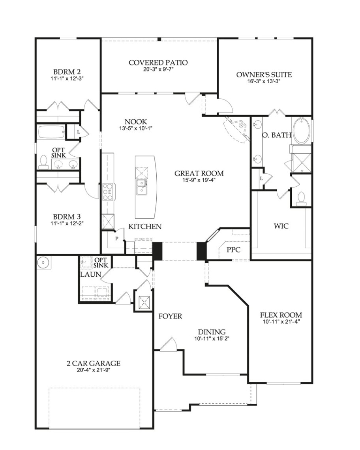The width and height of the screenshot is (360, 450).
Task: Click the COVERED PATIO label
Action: point(158,62)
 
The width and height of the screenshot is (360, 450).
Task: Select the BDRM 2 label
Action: point(67,72)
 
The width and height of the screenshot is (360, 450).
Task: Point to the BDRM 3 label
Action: point(67,217)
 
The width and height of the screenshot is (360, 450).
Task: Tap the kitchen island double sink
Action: point(142,187)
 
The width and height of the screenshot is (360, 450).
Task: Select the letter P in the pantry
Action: point(117,238)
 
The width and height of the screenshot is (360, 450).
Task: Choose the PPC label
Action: point(233,250)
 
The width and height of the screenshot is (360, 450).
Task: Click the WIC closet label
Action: point(281,226)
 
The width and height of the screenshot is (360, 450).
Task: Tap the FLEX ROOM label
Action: point(281,315)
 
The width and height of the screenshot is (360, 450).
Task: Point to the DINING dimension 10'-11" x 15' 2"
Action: point(212,338)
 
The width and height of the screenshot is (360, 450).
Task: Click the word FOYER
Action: point(170,316)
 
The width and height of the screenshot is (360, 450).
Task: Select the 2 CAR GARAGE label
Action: point(94,364)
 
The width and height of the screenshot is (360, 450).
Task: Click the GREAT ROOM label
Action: point(199,173)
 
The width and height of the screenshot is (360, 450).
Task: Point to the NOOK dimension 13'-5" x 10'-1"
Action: point(135,128)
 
